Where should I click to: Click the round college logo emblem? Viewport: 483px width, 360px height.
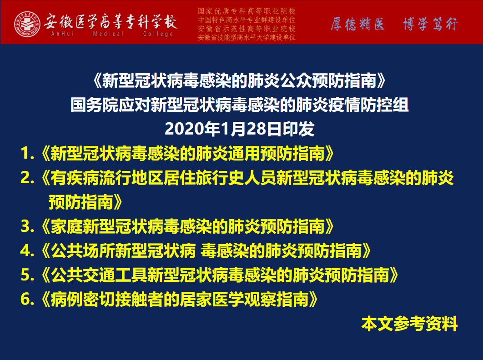[27, 24]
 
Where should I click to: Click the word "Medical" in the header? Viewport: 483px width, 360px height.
[108, 34]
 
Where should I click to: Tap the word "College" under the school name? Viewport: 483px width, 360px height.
[158, 34]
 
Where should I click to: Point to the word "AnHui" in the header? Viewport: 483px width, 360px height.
[62, 34]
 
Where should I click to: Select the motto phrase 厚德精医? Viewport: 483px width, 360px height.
[357, 24]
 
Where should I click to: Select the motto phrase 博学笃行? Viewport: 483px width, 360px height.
[430, 24]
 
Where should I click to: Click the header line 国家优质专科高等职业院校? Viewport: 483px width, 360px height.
[247, 11]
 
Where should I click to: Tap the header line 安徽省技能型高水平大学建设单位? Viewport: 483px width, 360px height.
[247, 37]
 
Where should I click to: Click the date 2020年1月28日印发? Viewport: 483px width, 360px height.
[240, 129]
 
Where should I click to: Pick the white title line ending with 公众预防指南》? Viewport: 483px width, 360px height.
[240, 81]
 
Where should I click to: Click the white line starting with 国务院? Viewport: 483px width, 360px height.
[240, 105]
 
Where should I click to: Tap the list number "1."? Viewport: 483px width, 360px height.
[27, 153]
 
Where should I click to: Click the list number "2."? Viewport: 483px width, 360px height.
[27, 178]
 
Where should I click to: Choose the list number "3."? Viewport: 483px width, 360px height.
[27, 226]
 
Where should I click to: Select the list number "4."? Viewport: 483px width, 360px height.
[27, 250]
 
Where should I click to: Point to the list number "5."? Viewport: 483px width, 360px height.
[27, 275]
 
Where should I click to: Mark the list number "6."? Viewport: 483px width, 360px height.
[27, 300]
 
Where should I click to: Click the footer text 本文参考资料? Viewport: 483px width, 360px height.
[410, 324]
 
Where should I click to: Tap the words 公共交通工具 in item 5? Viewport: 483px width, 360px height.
[99, 275]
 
